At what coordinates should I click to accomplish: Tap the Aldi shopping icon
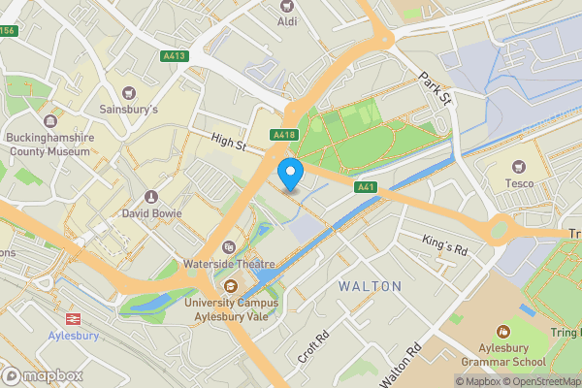(287, 6)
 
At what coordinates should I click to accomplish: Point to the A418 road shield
(283, 136)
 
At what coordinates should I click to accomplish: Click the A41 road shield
(366, 186)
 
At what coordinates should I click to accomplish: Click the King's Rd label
(445, 244)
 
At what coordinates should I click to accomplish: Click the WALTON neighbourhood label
(369, 287)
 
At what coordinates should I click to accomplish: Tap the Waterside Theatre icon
(229, 248)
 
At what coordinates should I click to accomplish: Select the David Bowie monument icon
(150, 197)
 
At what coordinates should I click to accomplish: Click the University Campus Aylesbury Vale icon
(231, 286)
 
